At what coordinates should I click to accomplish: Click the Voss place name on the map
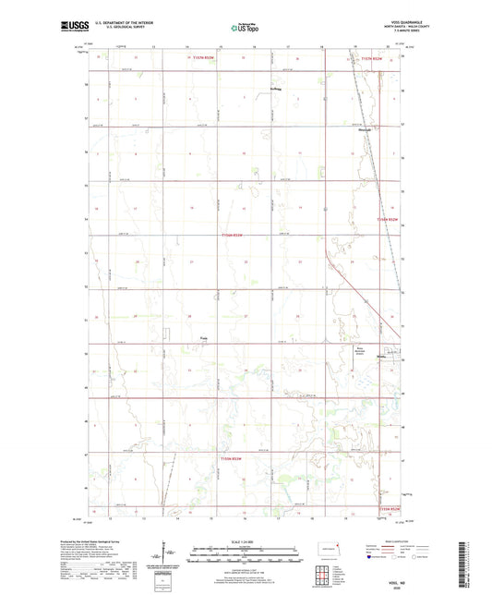tap(205, 338)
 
